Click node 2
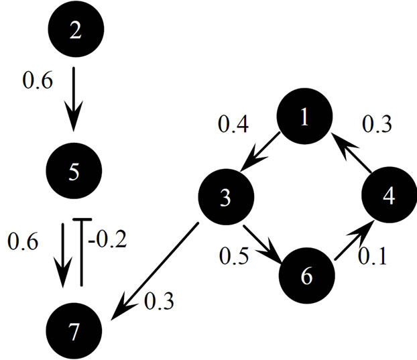point(75,29)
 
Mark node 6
point(306,276)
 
